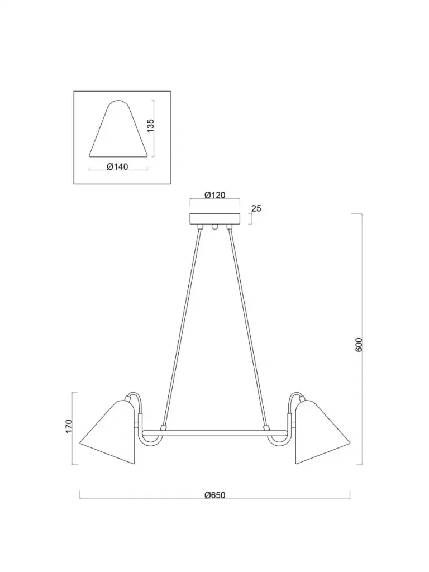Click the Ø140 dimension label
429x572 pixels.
point(117,166)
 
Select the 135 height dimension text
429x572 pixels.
point(151,125)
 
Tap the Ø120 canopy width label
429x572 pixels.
point(215,195)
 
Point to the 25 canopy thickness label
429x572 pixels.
point(256,209)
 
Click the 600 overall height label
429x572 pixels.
point(359,344)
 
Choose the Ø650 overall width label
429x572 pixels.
point(215,495)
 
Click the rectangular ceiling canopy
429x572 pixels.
point(215,219)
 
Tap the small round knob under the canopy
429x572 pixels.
point(215,227)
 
